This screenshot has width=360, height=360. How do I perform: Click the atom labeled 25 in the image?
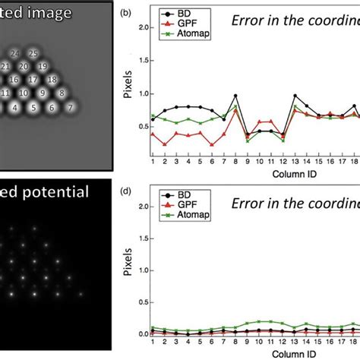pyautogui.click(x=33, y=53)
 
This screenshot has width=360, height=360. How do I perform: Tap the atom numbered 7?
pyautogui.click(x=71, y=109)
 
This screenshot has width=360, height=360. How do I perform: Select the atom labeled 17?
pyautogui.click(x=33, y=80)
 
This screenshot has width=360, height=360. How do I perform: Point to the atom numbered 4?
pyautogui.click(x=14, y=109)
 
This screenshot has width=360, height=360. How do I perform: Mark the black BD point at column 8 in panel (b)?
pyautogui.click(x=235, y=96)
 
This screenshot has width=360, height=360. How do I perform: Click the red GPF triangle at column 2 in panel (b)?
pyautogui.click(x=165, y=144)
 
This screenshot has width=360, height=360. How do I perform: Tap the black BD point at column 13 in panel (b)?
pyautogui.click(x=295, y=96)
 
